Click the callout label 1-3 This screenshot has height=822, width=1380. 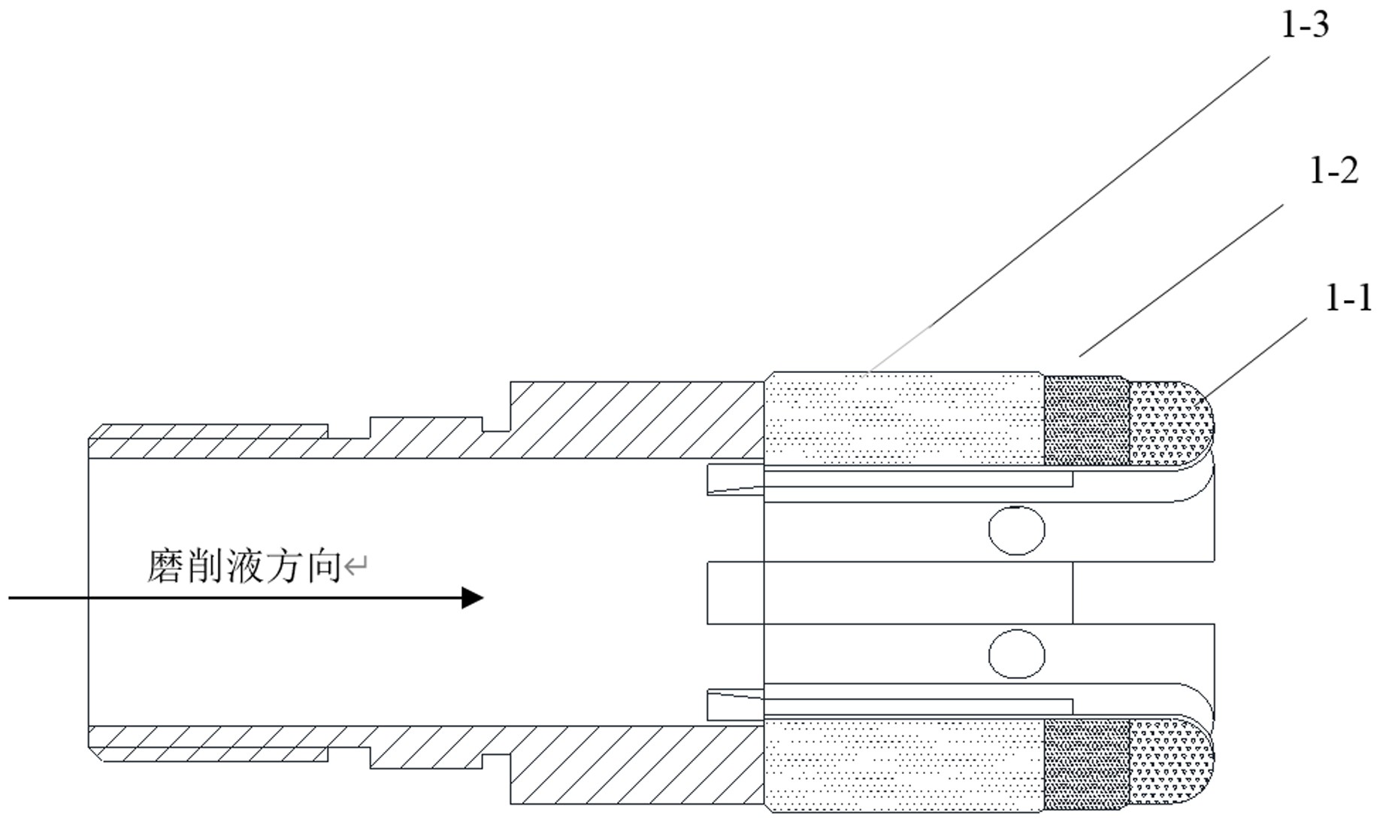tap(1305, 26)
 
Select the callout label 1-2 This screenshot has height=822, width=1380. tap(1333, 171)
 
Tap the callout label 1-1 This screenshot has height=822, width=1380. tap(1348, 299)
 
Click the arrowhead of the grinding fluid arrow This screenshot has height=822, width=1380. tap(471, 598)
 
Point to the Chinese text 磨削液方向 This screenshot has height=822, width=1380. tap(244, 566)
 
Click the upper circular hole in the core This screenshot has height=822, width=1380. tap(1016, 530)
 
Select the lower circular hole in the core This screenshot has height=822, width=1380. tap(1016, 654)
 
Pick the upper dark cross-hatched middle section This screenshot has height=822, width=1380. tap(1087, 420)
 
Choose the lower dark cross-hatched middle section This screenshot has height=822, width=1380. tap(1087, 760)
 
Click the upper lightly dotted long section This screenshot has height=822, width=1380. tap(904, 418)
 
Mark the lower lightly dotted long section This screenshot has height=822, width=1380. tap(904, 763)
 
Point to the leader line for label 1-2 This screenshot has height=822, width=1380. tap(1180, 280)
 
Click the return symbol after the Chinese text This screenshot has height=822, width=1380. tap(355, 566)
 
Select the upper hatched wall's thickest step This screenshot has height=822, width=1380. tap(636, 419)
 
